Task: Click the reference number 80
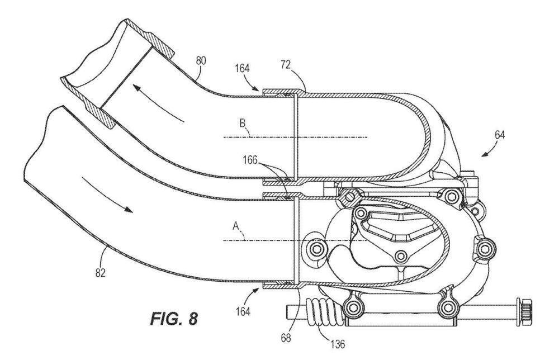coord(201,60)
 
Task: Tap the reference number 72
coord(286,64)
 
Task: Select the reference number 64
coord(499,135)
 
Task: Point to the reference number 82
coord(101,273)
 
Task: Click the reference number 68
coord(286,337)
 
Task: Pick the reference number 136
coord(337,344)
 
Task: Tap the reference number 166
coord(250,160)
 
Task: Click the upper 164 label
coord(242,68)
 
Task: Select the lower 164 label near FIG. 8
coord(243,311)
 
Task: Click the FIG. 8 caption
coord(174,318)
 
